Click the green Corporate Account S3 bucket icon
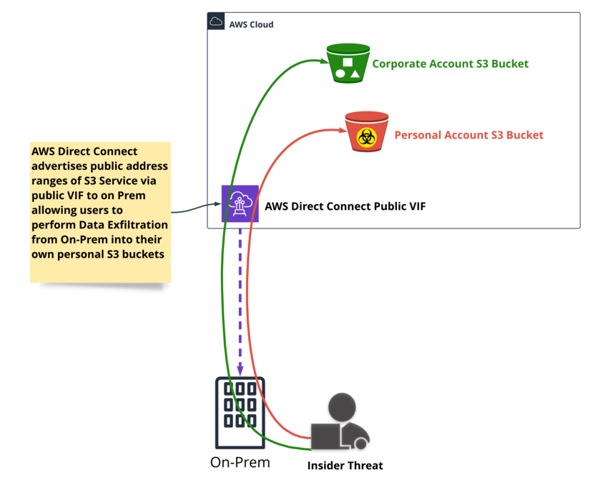(348, 63)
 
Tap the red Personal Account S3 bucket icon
(367, 131)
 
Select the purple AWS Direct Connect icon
(240, 204)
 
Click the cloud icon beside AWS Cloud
(216, 21)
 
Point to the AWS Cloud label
(252, 25)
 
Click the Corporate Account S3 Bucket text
(451, 64)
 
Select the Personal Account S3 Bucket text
(468, 135)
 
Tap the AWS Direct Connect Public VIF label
(345, 206)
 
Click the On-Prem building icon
(240, 413)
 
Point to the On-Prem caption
(240, 463)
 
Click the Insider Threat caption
(345, 466)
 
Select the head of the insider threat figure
(342, 407)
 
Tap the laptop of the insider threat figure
(326, 436)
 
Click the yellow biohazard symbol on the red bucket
(367, 138)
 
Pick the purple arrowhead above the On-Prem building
(240, 370)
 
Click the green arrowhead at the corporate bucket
(324, 61)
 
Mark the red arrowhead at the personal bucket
(343, 130)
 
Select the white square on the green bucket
(348, 62)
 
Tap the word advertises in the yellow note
(58, 166)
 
